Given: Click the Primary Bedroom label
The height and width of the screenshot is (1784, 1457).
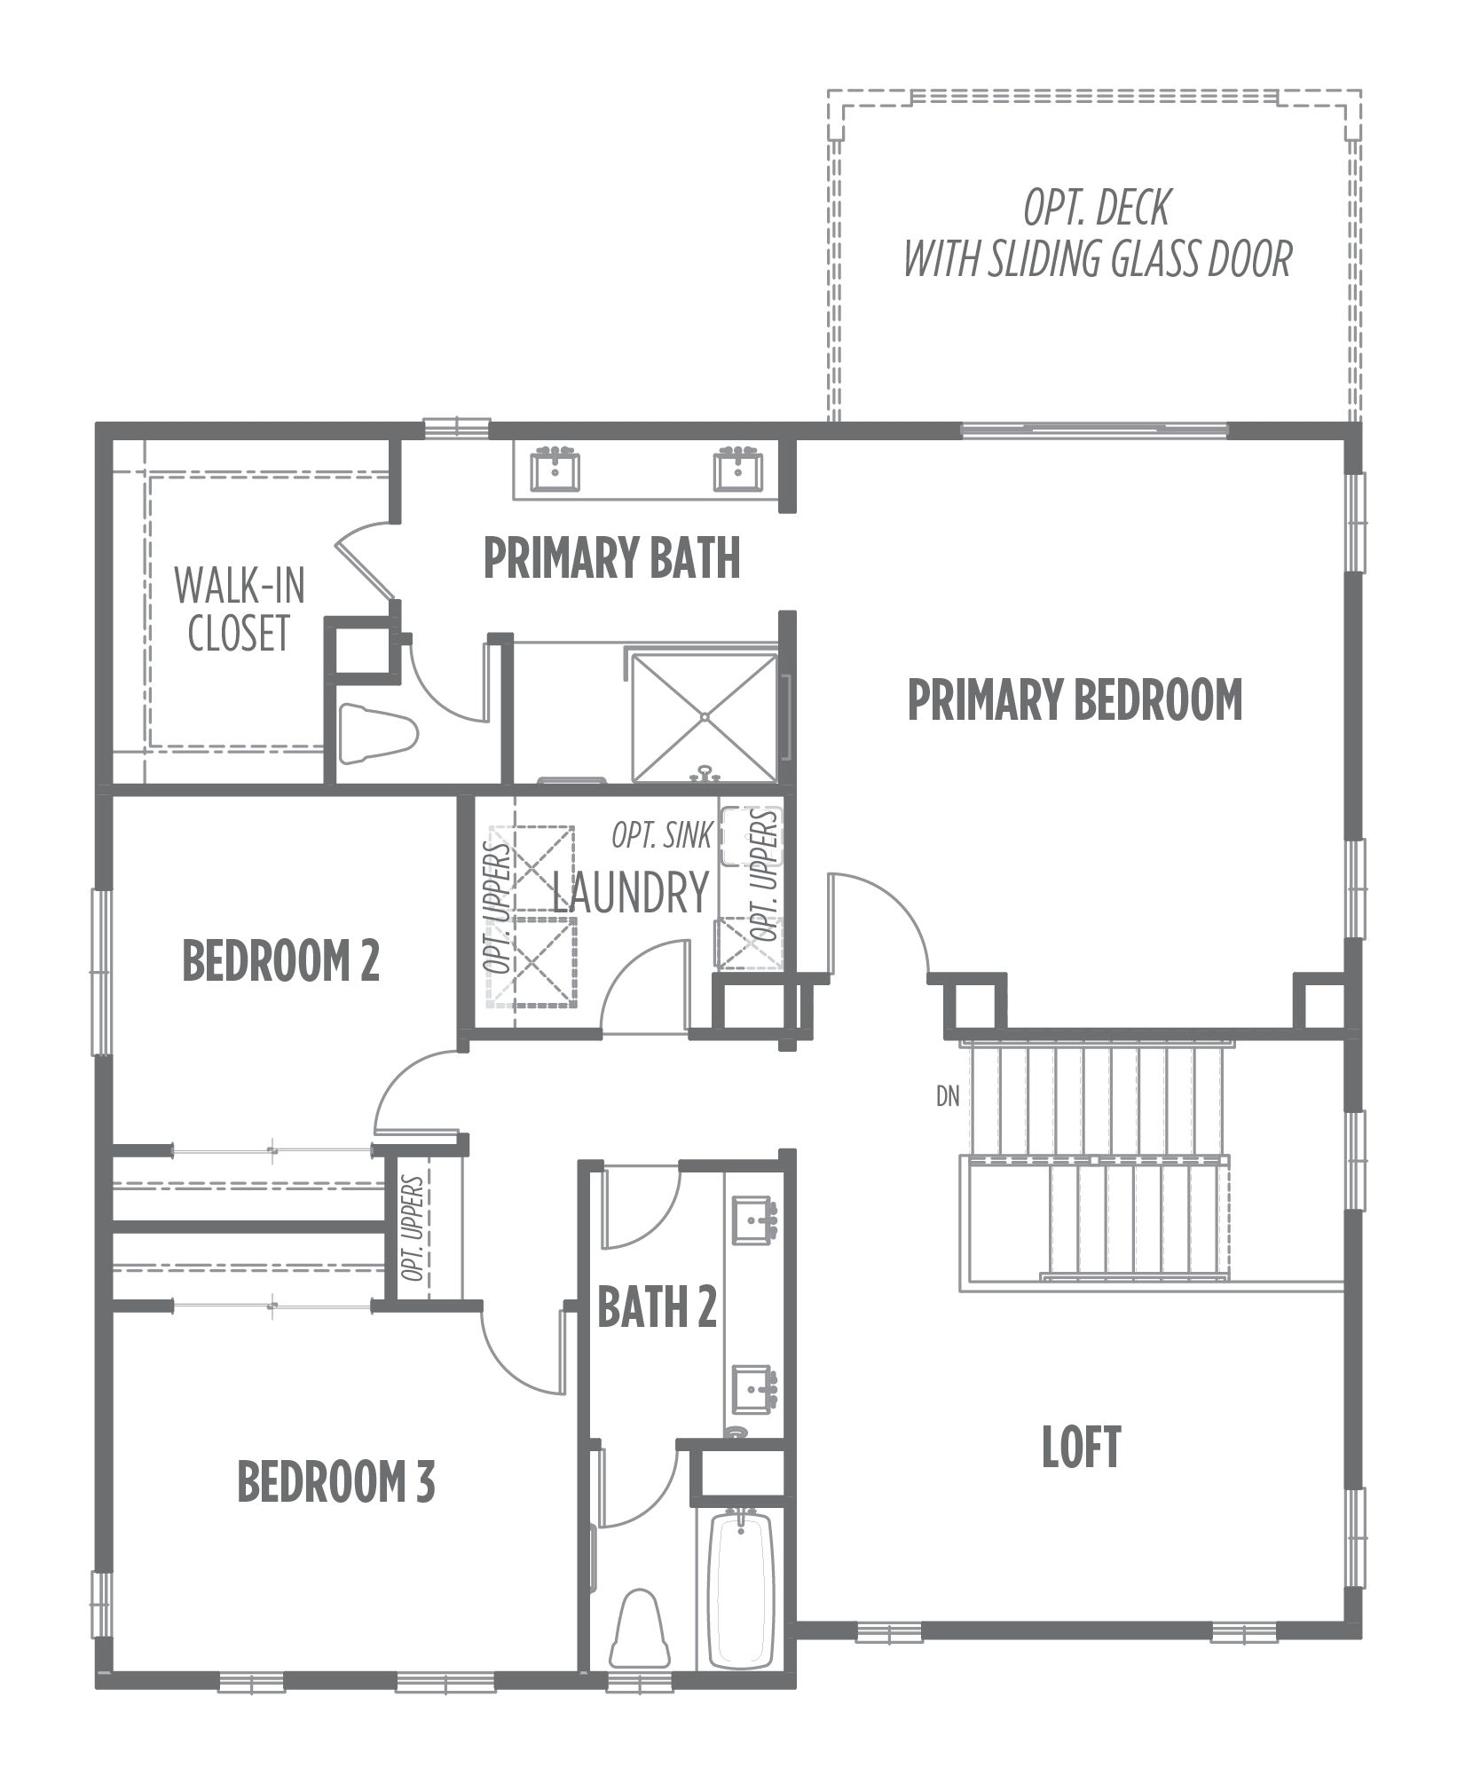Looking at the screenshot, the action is click(x=1075, y=699).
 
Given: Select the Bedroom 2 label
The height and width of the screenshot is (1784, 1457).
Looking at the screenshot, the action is click(x=280, y=960).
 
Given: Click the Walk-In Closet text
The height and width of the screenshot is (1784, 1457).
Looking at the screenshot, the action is click(x=239, y=609).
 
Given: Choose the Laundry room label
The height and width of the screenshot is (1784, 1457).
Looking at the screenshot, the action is click(x=631, y=893).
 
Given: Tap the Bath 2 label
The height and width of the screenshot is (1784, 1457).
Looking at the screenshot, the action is click(x=657, y=1307).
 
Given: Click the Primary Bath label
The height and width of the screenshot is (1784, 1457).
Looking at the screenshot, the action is click(x=611, y=558).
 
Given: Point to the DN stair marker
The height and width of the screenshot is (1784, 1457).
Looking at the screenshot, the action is click(x=948, y=1097).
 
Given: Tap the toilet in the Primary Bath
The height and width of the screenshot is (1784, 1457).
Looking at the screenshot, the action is click(x=378, y=733).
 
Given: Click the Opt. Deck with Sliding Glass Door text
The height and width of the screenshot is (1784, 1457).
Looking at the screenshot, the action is click(x=1097, y=233).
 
